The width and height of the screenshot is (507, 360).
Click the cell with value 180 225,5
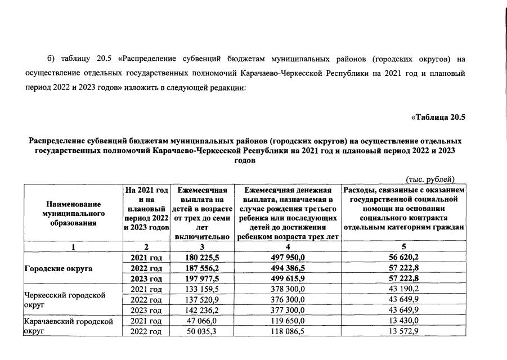(202, 258)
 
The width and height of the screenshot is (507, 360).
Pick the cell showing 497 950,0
(288, 258)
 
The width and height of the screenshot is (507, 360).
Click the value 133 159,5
(202, 289)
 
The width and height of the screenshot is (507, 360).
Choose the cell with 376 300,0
(288, 300)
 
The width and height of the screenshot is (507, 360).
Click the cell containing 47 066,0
(202, 321)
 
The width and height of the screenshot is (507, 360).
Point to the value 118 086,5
(288, 332)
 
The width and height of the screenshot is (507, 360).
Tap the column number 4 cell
(288, 247)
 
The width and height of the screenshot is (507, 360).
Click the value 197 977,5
(202, 279)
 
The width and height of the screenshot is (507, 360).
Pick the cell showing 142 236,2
(202, 310)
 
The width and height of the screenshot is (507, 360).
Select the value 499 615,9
(288, 279)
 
